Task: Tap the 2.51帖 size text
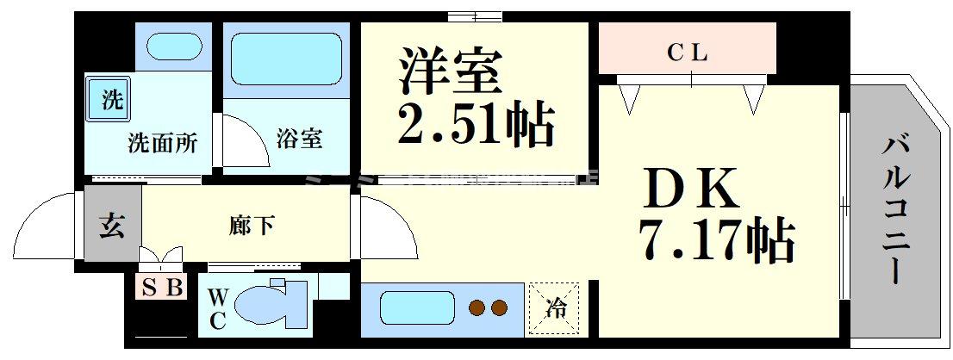click(475, 126)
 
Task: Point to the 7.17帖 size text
click(715, 242)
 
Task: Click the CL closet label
click(688, 53)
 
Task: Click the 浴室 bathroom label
click(299, 138)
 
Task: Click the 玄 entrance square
click(112, 227)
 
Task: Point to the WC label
click(216, 308)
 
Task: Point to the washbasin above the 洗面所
click(172, 45)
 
